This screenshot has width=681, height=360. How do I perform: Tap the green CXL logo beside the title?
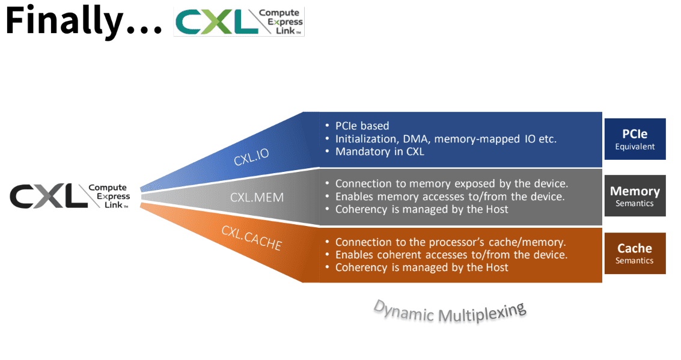[239, 22]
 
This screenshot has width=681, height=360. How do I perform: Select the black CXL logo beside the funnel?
[70, 197]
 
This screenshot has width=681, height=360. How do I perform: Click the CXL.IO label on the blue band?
[251, 157]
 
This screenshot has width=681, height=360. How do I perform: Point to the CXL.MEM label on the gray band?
[257, 197]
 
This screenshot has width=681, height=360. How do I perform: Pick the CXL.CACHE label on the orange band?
[251, 238]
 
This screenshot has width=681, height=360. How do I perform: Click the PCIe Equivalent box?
[635, 139]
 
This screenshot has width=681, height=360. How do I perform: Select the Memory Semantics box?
[635, 196]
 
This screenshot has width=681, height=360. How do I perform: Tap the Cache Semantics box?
[635, 253]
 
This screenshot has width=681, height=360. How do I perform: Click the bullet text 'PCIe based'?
[362, 126]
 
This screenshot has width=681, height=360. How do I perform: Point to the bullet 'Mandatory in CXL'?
[380, 151]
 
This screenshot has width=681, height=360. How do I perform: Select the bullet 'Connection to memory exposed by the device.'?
[451, 184]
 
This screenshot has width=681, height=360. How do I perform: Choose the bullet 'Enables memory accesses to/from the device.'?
[450, 197]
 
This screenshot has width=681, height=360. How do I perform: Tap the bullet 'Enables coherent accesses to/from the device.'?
[451, 255]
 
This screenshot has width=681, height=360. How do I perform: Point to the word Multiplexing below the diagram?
[482, 313]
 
